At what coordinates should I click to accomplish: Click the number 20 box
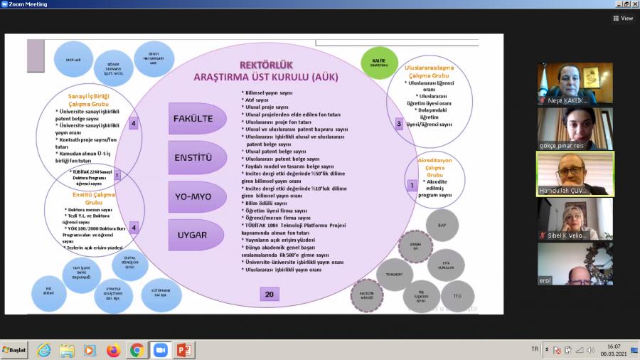pyautogui.click(x=270, y=294)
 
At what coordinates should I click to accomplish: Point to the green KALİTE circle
pyautogui.click(x=378, y=62)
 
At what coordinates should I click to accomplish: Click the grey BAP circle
pyautogui.click(x=442, y=225)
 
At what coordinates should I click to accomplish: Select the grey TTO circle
pyautogui.click(x=457, y=295)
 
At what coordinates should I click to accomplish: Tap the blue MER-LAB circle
pyautogui.click(x=73, y=59)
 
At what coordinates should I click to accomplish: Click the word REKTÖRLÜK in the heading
pyautogui.click(x=267, y=65)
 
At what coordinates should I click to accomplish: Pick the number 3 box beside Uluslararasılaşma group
pyautogui.click(x=399, y=123)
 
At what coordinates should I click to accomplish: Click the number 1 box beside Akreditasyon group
pyautogui.click(x=411, y=185)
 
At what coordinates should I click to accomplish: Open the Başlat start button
pyautogui.click(x=14, y=350)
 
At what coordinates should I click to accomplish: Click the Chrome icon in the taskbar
pyautogui.click(x=137, y=350)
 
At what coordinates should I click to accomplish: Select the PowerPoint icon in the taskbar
pyautogui.click(x=183, y=350)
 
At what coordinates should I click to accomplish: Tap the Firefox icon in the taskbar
pyautogui.click(x=113, y=350)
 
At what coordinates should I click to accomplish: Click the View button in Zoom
pyautogui.click(x=623, y=18)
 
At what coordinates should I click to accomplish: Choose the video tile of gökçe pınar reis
pyautogui.click(x=575, y=128)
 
